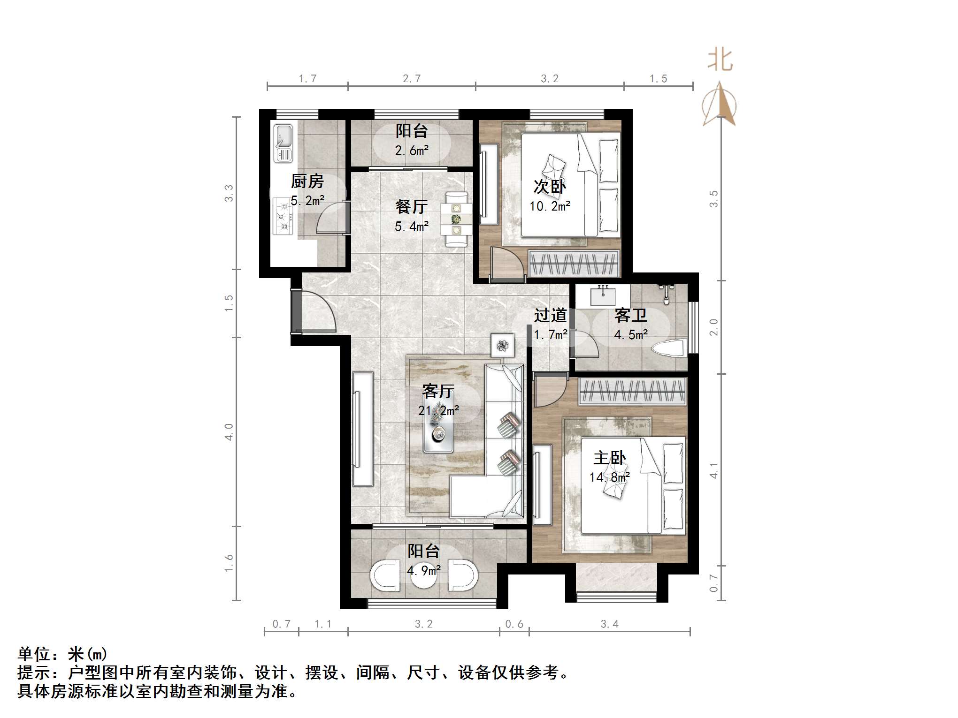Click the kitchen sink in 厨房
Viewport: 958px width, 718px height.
coord(284,143)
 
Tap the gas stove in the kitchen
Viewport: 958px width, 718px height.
coord(283,216)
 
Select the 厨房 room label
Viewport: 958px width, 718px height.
coord(307,181)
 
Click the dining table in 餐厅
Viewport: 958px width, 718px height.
coord(456,219)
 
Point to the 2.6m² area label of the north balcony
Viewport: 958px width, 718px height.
coord(412,151)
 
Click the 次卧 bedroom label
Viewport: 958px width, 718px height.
coord(550,187)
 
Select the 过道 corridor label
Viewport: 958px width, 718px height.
coord(550,315)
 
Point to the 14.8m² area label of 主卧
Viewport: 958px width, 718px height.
coord(609,477)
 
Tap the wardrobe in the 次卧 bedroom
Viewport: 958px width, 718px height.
coord(574,264)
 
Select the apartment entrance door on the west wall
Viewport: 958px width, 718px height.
coord(297,311)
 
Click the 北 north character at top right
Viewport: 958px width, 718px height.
coord(720,61)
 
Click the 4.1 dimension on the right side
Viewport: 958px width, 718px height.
coord(713,470)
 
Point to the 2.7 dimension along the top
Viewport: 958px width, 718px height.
coord(412,79)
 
